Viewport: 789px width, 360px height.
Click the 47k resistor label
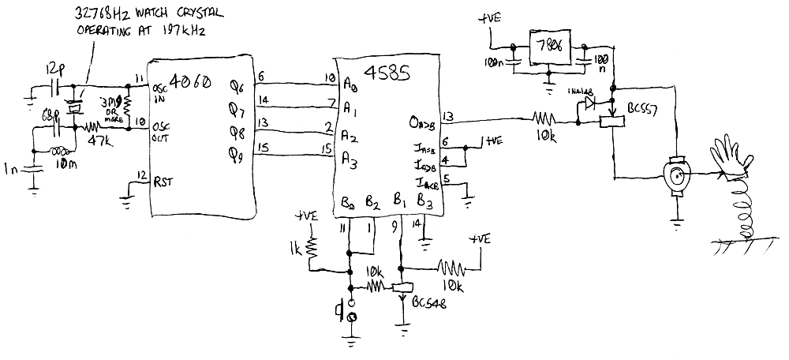tap(98, 141)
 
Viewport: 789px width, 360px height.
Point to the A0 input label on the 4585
tap(349, 83)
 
